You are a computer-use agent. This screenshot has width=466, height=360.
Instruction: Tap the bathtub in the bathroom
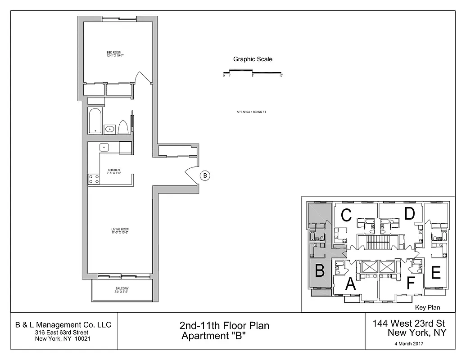point(95,121)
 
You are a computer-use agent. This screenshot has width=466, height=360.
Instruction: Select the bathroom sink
point(110,129)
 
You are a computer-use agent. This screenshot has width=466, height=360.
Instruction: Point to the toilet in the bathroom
point(123,127)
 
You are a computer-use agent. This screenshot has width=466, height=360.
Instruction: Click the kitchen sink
point(104,147)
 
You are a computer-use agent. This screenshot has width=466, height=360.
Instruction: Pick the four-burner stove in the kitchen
point(94,179)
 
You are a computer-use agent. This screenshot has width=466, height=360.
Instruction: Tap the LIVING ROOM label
point(120,231)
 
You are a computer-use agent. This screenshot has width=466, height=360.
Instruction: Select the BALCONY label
point(122,290)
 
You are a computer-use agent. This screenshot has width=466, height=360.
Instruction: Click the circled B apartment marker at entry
point(204,175)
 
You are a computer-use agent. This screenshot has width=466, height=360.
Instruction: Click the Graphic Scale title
point(252,59)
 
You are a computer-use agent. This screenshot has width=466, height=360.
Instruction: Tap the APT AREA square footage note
point(251,112)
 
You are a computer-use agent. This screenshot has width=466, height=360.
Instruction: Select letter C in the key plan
point(346,216)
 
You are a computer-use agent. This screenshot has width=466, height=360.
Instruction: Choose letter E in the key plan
point(435,273)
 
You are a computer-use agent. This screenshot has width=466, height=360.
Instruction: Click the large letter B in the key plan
point(319,271)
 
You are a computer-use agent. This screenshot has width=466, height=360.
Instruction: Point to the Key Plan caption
point(427,308)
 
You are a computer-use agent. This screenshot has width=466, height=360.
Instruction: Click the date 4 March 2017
point(408,343)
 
